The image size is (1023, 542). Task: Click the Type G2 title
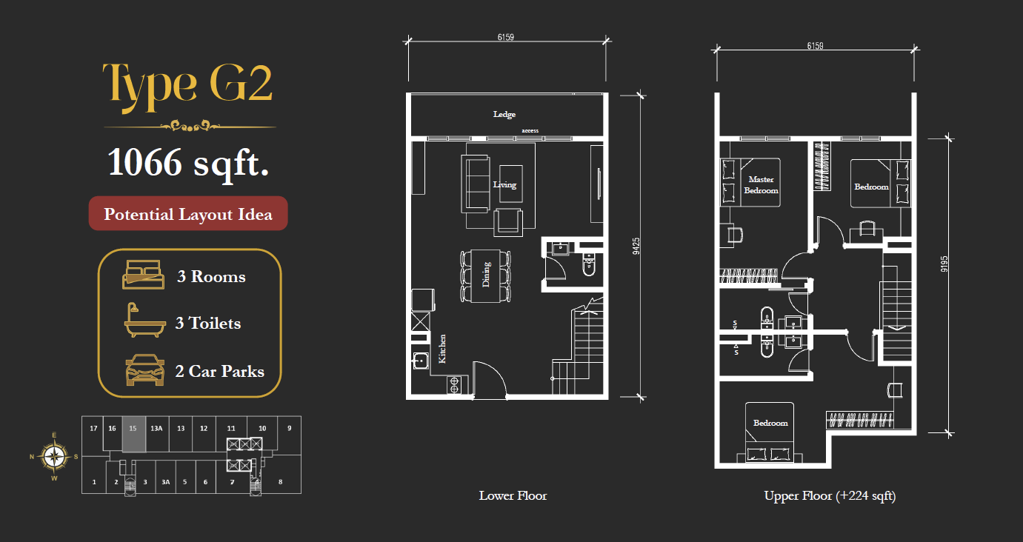tap(187, 85)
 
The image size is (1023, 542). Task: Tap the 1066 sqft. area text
tap(188, 164)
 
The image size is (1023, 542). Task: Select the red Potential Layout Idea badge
tap(188, 214)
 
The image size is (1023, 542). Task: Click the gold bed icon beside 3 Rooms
tap(143, 275)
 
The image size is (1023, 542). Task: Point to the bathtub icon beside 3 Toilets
tap(144, 321)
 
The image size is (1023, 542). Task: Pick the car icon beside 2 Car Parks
tap(144, 370)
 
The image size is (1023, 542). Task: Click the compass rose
tap(54, 456)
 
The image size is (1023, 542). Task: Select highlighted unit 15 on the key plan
tap(133, 434)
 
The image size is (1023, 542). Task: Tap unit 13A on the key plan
tap(156, 428)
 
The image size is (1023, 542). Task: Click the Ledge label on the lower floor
tap(504, 114)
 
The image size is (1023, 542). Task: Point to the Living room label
tap(504, 184)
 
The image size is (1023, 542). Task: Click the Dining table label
tap(486, 275)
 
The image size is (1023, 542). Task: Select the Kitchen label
tap(442, 349)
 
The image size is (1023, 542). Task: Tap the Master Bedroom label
tap(762, 185)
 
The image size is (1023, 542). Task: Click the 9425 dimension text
tap(636, 246)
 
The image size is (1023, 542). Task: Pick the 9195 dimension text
tap(944, 264)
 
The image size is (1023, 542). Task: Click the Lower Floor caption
tap(513, 495)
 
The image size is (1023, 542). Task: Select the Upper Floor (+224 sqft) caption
tap(830, 496)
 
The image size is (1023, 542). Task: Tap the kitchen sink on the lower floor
tap(420, 361)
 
